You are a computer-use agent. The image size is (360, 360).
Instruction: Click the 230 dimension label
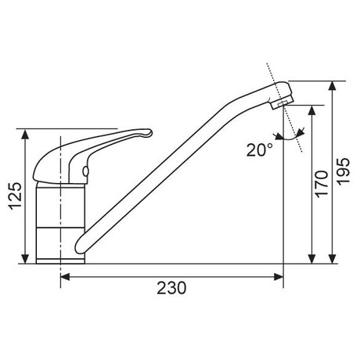171,288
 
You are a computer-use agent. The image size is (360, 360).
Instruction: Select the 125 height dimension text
16,196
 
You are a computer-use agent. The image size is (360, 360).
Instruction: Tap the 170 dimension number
322,184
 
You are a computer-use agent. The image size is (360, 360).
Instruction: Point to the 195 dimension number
344,171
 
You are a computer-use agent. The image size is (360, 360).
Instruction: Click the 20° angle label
260,150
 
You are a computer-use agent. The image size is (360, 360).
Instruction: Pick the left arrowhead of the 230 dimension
65,277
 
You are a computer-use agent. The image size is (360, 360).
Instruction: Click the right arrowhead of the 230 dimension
279,277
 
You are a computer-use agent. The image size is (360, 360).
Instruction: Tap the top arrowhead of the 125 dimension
25,134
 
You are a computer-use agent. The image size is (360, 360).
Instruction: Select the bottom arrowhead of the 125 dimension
25,258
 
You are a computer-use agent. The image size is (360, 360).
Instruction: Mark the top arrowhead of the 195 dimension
332,86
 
